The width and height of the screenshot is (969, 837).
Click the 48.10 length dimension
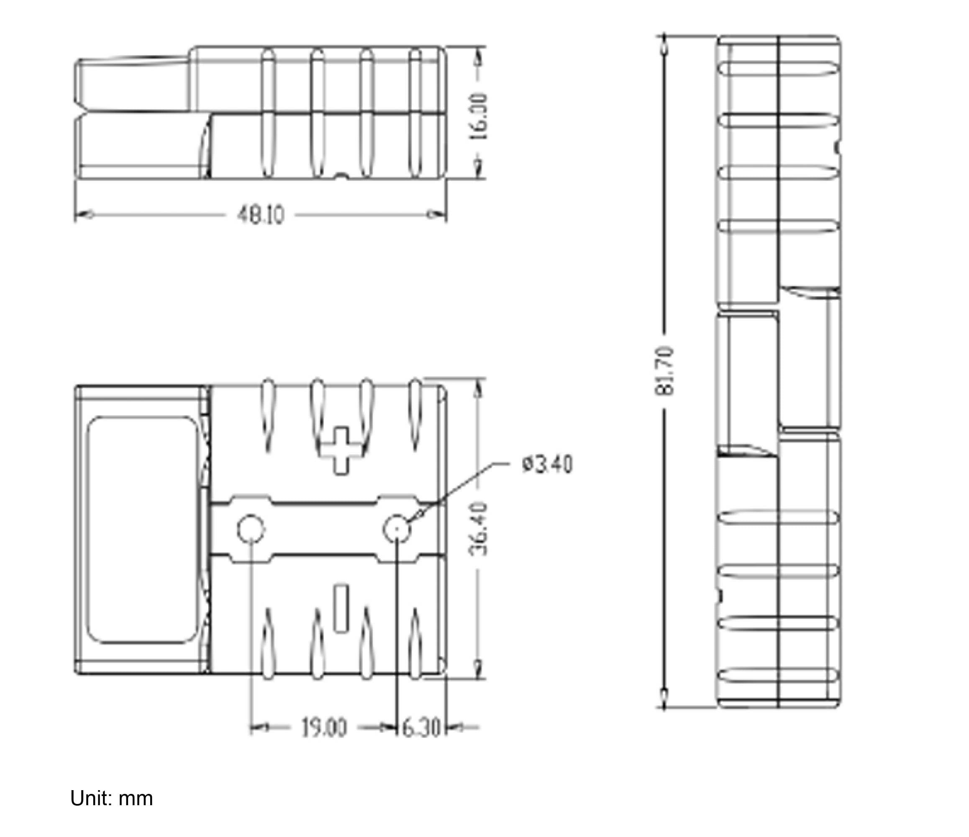point(261,215)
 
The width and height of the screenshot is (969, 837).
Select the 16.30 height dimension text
point(479,116)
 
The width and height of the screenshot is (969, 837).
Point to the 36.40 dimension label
point(478,529)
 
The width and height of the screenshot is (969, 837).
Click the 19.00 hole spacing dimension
point(323,728)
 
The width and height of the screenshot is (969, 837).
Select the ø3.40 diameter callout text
point(547,465)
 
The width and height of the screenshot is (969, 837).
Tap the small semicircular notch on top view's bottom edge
point(342,176)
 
